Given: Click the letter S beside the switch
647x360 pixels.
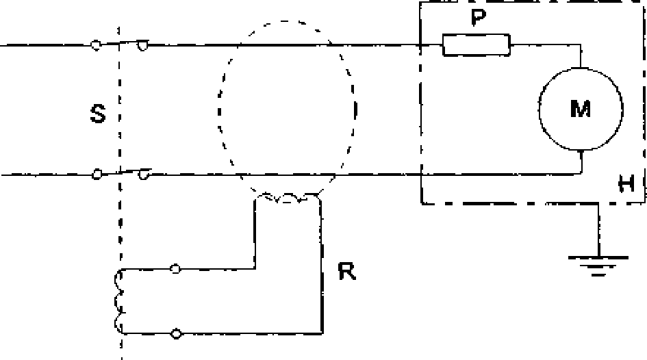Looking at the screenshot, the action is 98,114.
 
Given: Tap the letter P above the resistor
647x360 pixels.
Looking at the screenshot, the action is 478,17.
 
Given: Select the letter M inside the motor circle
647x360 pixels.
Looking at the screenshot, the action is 580,109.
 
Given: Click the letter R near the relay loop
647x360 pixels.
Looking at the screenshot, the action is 346,271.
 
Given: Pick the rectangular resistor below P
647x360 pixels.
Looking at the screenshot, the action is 476,45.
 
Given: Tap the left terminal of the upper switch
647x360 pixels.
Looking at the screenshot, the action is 96,45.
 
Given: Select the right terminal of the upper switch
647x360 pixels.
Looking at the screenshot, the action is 143,45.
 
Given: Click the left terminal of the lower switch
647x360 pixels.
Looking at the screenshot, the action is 97,175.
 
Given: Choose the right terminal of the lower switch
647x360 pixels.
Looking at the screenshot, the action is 143,175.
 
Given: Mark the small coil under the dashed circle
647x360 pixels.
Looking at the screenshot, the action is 287,198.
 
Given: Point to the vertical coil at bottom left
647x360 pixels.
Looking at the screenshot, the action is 119,301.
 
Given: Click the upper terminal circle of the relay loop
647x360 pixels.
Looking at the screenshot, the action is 175,269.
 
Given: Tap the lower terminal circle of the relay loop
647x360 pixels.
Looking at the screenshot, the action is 176,333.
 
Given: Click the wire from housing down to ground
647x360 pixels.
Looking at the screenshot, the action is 598,230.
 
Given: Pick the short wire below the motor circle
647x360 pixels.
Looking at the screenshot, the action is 581,162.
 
